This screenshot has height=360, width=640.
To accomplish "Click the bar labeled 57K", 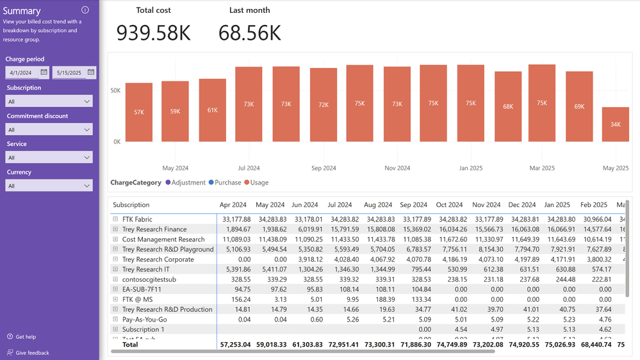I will click(139, 112).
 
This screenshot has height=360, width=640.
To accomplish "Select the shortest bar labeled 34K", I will click(615, 124).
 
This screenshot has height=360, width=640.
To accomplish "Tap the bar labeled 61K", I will click(212, 110).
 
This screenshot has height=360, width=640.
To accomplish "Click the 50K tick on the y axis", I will click(115, 91).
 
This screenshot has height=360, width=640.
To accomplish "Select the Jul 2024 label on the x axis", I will click(249, 168).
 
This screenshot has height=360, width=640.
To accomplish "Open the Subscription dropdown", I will click(49, 101).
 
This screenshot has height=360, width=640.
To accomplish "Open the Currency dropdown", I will click(49, 186).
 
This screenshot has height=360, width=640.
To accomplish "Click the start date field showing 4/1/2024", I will click(22, 72).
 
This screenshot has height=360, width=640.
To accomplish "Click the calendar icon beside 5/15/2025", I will click(91, 72).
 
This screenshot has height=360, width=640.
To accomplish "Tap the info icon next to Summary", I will click(85, 10).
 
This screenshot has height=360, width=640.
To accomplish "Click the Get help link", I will click(25, 337).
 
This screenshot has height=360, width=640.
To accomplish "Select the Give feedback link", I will click(32, 353).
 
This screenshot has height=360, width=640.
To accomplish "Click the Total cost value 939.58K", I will click(154, 33).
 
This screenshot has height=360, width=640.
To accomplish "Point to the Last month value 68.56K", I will click(250, 33).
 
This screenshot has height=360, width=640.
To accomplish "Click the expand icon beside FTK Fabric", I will click(115, 219).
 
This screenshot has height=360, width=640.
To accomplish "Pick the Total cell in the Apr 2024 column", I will click(235, 345).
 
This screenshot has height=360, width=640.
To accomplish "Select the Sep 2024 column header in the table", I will click(413, 205).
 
